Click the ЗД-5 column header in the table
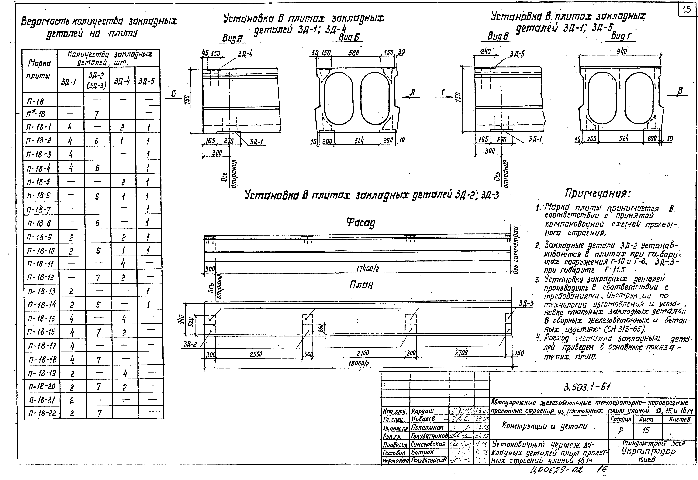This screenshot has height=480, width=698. click(x=147, y=81)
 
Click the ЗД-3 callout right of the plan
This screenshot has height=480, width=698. click(x=526, y=303)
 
